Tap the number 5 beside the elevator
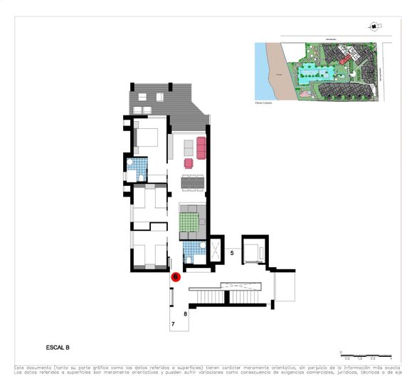[x=232, y=253]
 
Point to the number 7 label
[x=173, y=324]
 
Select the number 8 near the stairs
[x=185, y=313]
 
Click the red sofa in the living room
[x=201, y=148]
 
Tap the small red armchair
[x=189, y=163]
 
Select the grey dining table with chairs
[x=192, y=183]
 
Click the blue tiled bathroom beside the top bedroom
[x=136, y=170]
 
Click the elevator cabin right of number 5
[x=253, y=252]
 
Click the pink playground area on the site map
[x=305, y=92]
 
